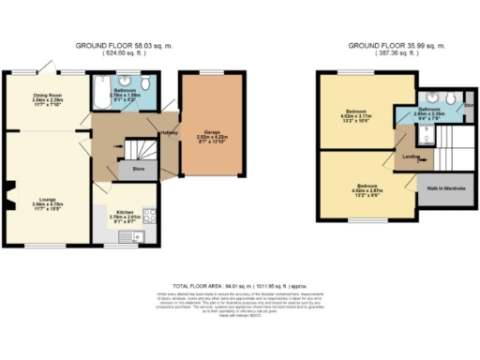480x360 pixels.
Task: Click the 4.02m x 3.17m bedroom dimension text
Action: [x=360, y=116]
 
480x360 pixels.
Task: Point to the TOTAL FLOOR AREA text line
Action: [x=240, y=283]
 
